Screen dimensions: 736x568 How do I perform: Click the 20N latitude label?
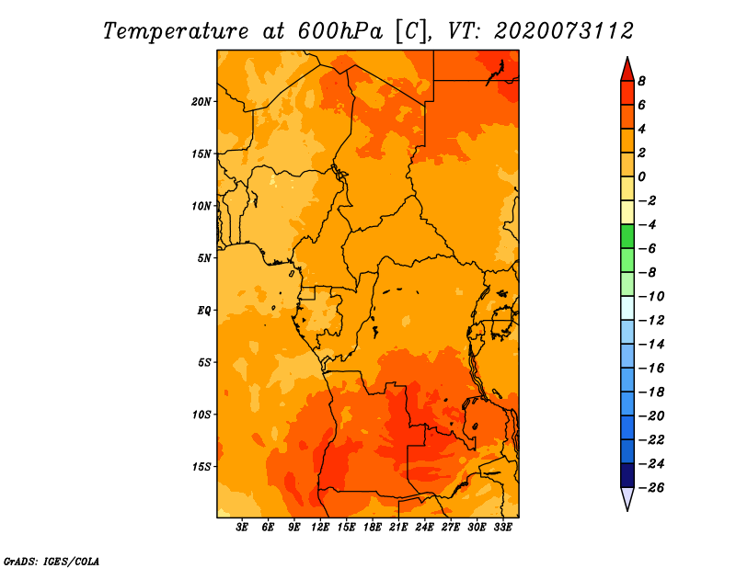click(x=201, y=102)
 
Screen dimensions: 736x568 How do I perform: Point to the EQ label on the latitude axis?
click(x=203, y=311)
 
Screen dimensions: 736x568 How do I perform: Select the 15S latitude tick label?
click(x=201, y=467)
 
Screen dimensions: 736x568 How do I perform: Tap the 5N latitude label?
click(x=203, y=258)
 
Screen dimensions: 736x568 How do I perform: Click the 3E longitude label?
click(x=242, y=528)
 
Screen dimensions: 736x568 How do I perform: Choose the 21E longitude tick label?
click(x=398, y=528)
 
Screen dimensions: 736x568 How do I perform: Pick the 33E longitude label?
click(x=502, y=528)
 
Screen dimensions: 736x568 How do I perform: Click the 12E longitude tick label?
click(x=320, y=528)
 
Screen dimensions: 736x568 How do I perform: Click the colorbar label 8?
click(x=641, y=81)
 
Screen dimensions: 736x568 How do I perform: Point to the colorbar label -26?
click(x=651, y=488)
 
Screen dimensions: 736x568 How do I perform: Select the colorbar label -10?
click(x=651, y=297)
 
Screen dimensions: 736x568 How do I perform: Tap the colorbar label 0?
click(x=641, y=176)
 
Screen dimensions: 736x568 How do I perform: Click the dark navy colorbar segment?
click(x=627, y=475)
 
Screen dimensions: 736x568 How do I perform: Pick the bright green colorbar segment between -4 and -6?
click(x=627, y=236)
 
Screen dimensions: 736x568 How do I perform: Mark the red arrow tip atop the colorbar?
click(x=627, y=57)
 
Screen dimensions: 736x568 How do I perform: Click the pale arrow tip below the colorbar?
click(x=627, y=510)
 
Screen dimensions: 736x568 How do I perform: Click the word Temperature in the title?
click(x=176, y=31)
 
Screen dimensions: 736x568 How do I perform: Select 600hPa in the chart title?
click(x=340, y=31)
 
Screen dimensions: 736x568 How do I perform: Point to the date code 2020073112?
click(x=564, y=31)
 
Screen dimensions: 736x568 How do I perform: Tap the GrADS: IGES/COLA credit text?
click(x=52, y=562)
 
